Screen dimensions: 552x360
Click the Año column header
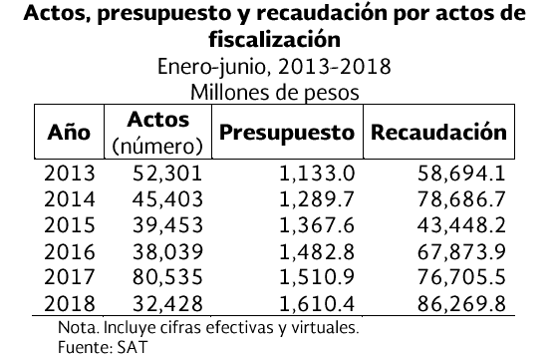point(69,132)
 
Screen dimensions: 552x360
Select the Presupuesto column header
point(287,134)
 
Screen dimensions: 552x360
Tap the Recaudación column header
point(438,133)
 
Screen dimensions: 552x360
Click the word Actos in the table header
point(158,120)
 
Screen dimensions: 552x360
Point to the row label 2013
point(70,174)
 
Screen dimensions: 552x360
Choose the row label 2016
point(70,252)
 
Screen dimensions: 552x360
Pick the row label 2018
point(70,303)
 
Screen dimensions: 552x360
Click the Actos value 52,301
point(167,174)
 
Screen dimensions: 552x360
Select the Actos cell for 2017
point(167,277)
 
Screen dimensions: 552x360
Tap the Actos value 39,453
point(167,225)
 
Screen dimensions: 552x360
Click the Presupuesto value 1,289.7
point(317,199)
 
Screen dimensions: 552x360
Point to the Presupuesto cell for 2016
point(317,252)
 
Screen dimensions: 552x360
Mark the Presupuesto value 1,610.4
point(317,304)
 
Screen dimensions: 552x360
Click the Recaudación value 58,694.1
point(461,174)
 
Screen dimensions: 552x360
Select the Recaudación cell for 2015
point(461,225)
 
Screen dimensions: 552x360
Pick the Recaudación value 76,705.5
point(461,277)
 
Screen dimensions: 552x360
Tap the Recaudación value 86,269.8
point(461,304)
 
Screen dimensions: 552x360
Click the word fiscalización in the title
point(275,39)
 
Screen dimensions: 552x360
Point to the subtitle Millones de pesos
point(275,93)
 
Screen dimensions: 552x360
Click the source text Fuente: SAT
point(103,347)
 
